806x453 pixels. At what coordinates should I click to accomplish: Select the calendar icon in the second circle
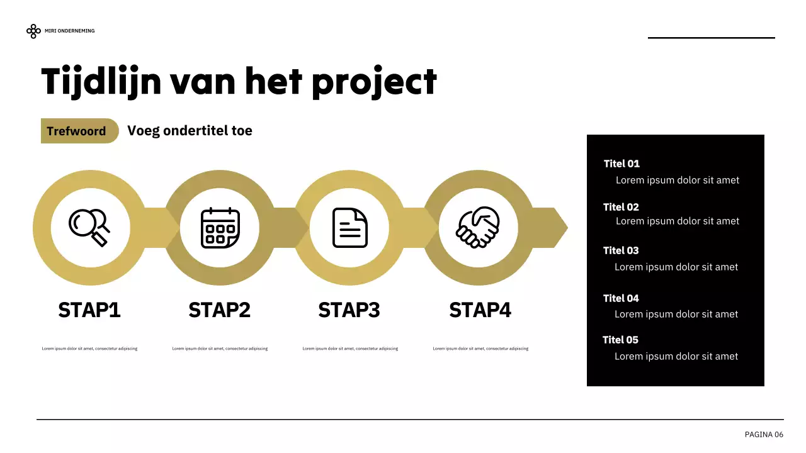tap(220, 228)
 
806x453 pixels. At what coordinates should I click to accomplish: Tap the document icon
tap(349, 228)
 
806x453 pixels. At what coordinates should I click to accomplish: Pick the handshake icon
tap(478, 227)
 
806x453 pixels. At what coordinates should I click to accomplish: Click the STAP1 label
tap(89, 310)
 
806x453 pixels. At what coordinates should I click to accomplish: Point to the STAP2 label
tap(219, 310)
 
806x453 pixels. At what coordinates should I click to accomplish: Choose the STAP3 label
tap(349, 310)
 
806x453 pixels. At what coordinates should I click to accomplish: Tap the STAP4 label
tap(480, 310)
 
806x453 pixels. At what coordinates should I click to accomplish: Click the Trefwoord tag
tap(77, 131)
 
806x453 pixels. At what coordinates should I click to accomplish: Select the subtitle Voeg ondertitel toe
tap(190, 131)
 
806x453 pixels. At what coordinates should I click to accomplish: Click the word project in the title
tap(374, 82)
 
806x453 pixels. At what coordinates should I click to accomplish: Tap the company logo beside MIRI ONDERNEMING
tap(33, 31)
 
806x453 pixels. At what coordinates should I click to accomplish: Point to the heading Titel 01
tap(622, 164)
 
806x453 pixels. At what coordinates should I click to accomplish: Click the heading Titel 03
tap(621, 250)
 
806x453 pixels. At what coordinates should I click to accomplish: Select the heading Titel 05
tap(620, 340)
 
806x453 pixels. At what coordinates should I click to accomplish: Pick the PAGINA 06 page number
tap(764, 435)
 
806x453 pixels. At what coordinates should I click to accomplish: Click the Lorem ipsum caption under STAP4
tap(480, 349)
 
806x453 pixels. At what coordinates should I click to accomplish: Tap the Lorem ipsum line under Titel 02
tap(678, 221)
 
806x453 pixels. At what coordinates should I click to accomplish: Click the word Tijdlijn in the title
tap(101, 82)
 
